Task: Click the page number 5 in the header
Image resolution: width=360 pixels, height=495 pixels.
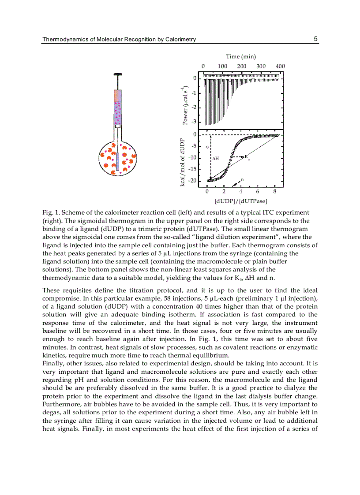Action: click(x=315, y=39)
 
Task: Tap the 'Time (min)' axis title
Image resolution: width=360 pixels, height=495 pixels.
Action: click(x=241, y=56)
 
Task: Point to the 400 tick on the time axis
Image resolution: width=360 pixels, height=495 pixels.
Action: click(x=280, y=66)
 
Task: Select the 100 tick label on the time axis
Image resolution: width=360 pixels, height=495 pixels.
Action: click(x=222, y=66)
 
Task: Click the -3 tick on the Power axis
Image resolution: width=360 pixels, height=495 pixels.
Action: click(x=194, y=122)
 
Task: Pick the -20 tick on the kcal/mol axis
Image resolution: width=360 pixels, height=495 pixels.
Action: click(x=192, y=181)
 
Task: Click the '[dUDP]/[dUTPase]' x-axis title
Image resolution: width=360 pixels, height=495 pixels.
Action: click(x=240, y=201)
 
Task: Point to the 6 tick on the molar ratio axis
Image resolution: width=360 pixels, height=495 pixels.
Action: click(x=258, y=191)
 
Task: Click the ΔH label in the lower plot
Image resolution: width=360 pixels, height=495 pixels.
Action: click(x=215, y=158)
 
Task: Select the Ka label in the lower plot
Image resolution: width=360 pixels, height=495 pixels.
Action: click(x=247, y=157)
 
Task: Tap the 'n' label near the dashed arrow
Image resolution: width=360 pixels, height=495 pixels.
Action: click(x=242, y=179)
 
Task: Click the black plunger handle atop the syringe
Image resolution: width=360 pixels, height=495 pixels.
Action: click(x=117, y=75)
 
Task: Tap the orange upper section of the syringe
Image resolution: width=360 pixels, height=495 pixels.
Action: click(x=118, y=96)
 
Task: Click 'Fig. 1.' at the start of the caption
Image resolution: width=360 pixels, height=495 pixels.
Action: click(x=50, y=213)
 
